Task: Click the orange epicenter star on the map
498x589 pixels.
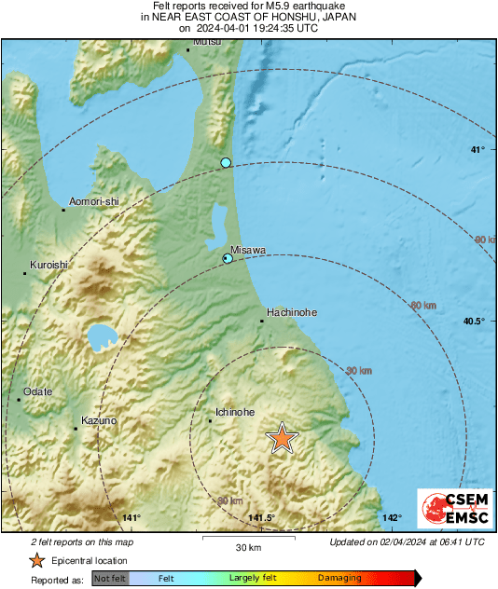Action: (x=282, y=437)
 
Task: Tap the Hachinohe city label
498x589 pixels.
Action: (x=287, y=312)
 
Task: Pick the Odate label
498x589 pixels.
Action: (x=38, y=391)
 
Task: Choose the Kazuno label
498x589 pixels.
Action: (x=99, y=421)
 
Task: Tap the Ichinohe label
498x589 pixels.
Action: (x=234, y=411)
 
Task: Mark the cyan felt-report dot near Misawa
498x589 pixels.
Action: (x=228, y=258)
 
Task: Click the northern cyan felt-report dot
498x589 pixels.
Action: (x=226, y=163)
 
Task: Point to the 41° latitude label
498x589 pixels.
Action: (x=477, y=150)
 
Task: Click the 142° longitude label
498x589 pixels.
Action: (x=391, y=518)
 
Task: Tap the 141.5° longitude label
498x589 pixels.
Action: (x=262, y=518)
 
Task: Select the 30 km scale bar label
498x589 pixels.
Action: (x=247, y=547)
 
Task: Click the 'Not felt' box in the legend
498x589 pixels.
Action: (x=110, y=579)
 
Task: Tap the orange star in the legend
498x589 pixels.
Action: (x=36, y=560)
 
